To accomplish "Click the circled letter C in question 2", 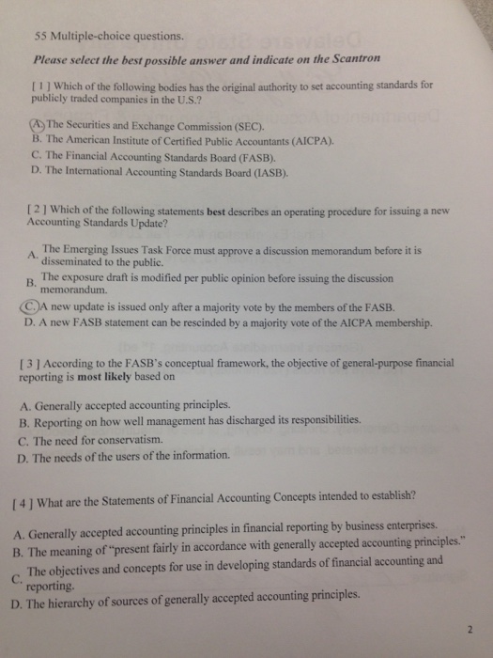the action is point(30,306).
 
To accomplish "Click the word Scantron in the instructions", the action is point(350,57).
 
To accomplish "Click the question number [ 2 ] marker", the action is point(33,211).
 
